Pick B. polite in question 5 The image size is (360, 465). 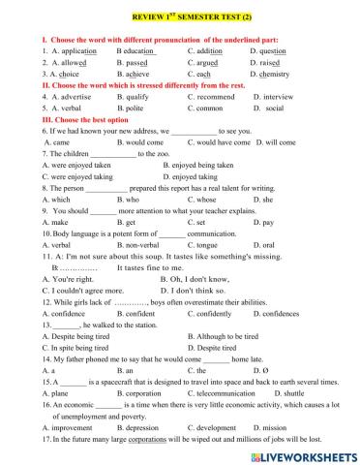[x=133, y=108]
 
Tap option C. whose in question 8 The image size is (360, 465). [x=203, y=201]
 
